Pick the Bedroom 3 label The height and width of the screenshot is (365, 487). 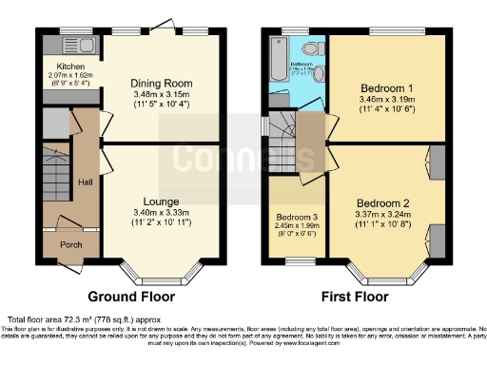296,217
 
